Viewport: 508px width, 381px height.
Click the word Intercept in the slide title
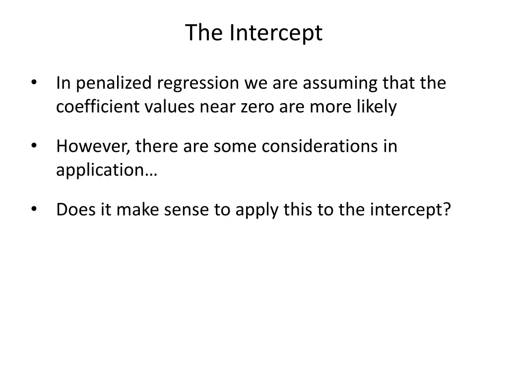275,33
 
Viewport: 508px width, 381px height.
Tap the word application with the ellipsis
106,170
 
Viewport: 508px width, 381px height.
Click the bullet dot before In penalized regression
34,83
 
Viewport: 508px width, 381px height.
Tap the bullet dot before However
34,146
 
